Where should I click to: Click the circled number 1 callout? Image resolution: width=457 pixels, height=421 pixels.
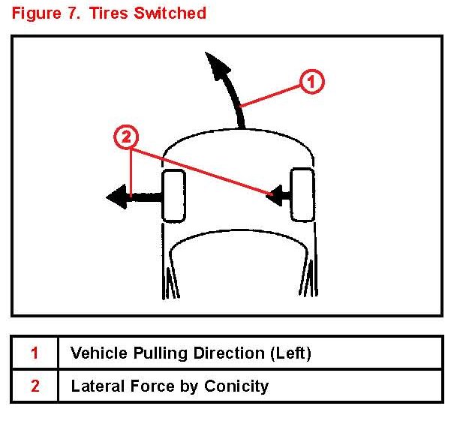click(x=311, y=81)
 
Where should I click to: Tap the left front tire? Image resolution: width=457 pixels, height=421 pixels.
click(x=173, y=196)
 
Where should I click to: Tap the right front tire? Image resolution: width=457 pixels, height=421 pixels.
click(x=302, y=194)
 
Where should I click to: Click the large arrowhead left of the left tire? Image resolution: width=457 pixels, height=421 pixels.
click(x=117, y=197)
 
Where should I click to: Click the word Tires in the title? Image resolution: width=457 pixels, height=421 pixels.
click(x=112, y=14)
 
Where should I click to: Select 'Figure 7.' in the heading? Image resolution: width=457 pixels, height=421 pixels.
click(x=44, y=14)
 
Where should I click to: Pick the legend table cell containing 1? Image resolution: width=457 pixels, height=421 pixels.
click(x=35, y=353)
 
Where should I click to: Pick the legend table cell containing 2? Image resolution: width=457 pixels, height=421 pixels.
click(x=35, y=386)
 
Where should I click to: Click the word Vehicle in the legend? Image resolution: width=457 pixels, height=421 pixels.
click(x=97, y=353)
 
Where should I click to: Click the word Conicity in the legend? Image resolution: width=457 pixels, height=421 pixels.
click(x=239, y=386)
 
